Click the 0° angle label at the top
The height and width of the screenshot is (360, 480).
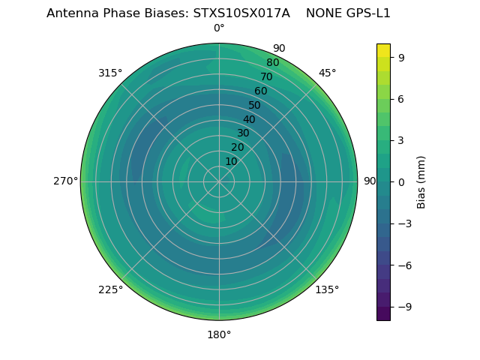point(219,28)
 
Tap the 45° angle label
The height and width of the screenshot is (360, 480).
point(327,73)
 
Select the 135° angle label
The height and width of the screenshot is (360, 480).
point(327,289)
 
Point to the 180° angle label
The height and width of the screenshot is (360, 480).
point(219,334)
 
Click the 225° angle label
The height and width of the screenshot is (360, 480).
point(110,289)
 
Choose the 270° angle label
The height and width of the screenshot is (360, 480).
point(65,181)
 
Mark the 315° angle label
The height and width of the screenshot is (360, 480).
point(110,73)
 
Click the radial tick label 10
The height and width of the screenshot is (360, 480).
point(231,161)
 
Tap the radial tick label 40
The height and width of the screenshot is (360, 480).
point(249,119)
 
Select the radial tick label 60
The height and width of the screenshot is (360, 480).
point(261,91)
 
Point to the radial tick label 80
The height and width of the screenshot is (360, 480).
point(272,63)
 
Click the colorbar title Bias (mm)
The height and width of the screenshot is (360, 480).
point(421,181)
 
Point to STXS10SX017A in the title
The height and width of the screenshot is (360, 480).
point(241,13)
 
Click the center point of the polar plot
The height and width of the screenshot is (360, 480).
point(219,181)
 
